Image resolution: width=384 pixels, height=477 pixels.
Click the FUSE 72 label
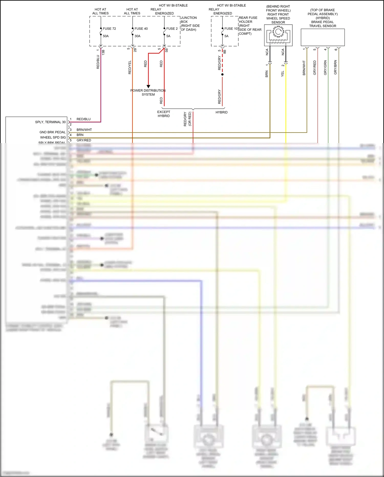pos(109,29)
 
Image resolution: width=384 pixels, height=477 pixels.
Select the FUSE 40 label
pos(141,29)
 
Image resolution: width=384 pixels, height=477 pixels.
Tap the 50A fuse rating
pos(106,36)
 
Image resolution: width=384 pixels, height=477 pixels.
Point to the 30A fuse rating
pos(137,36)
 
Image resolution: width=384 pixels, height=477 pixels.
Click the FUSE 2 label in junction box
pos(172,29)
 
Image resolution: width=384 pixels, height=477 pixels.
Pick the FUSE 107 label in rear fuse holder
pos(231,29)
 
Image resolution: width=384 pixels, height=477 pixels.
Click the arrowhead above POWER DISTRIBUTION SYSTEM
pos(148,86)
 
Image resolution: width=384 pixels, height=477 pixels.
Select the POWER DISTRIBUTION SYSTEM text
pos(148,93)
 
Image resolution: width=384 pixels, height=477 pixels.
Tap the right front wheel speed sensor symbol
pos(278,35)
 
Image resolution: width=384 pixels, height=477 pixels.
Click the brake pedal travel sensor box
pos(323,37)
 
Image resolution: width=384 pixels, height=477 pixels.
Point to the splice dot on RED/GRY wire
pos(222,75)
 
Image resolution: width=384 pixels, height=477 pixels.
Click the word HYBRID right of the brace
pos(221,112)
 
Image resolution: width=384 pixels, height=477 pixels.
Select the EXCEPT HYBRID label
pos(164,114)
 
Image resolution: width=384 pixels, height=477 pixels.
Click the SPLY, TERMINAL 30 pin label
pos(50,122)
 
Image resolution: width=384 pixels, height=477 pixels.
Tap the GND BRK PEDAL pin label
pos(52,132)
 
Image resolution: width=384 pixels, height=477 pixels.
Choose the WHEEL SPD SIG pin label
pos(53,137)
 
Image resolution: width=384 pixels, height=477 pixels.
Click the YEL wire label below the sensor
pos(283,74)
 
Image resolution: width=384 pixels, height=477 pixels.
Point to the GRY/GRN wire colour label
pos(325,68)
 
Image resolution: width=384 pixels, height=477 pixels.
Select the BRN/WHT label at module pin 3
pos(84,130)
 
